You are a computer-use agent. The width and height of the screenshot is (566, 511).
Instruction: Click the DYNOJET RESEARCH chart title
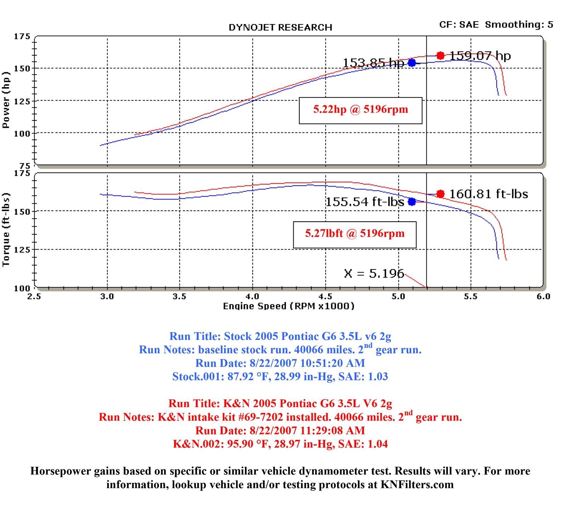[280, 28]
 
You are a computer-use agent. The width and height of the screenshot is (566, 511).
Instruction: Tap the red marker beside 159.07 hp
[440, 56]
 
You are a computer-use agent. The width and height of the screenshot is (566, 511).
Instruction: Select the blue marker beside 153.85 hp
[412, 63]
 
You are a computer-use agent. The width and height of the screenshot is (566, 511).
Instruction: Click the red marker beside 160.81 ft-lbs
[440, 194]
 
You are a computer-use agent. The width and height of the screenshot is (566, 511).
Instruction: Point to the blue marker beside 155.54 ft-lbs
[412, 201]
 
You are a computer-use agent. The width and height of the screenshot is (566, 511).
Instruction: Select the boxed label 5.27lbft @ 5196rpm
[354, 234]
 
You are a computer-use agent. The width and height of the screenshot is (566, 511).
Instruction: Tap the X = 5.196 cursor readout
[374, 273]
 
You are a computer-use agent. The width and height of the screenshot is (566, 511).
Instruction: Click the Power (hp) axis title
[6, 100]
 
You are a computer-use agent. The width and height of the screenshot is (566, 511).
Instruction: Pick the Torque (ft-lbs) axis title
[6, 230]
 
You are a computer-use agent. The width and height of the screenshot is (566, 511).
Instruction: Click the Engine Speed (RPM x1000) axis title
[288, 306]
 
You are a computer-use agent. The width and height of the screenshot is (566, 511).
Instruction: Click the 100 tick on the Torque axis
[22, 288]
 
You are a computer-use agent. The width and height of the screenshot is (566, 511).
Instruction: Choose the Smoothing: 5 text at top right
[519, 24]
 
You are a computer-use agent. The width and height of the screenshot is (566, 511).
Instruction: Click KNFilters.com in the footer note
[417, 484]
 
